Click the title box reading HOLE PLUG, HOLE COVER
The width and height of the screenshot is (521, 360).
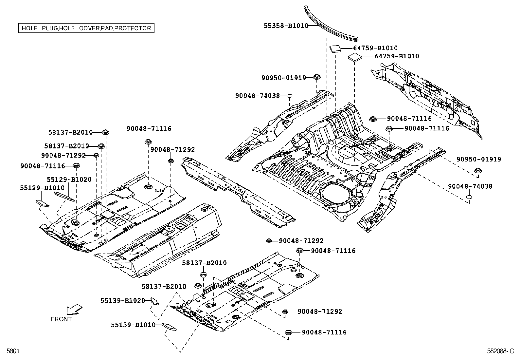click(86, 28)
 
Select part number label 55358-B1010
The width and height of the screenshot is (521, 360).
click(286, 26)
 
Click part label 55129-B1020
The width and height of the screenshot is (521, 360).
click(69, 180)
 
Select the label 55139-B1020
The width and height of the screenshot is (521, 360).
click(122, 300)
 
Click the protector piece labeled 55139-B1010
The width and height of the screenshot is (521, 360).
click(169, 327)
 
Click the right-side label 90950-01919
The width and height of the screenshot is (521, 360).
click(479, 160)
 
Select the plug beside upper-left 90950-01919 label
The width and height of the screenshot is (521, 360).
click(316, 77)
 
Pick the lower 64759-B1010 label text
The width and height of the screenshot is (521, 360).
click(397, 56)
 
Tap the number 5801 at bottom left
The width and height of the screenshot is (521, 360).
click(12, 351)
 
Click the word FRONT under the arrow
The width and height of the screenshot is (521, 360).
click(61, 319)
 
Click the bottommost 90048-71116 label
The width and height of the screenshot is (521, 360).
click(324, 332)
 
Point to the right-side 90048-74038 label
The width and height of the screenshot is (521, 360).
click(470, 186)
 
